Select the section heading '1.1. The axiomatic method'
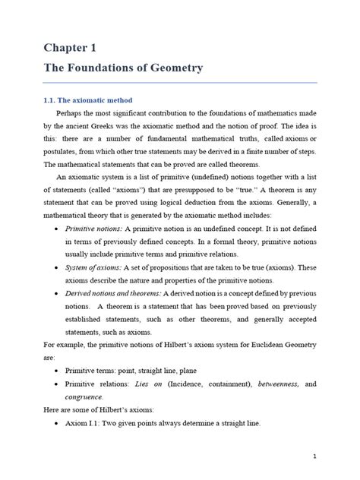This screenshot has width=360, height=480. [87, 100]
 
